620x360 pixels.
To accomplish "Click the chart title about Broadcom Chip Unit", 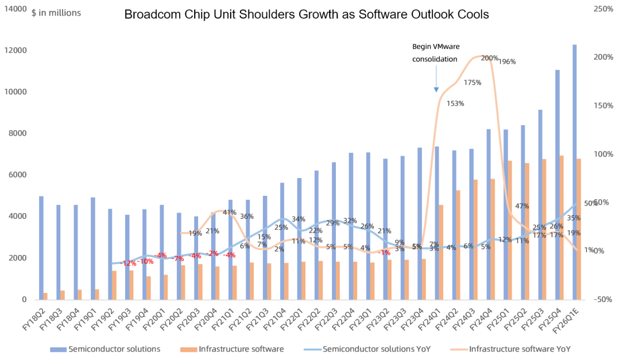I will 307,15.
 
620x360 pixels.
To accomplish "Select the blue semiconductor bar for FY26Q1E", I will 575,172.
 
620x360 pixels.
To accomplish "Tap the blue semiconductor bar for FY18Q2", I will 41,247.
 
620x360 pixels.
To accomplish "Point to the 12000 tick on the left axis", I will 16,51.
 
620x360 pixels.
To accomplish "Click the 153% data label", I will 455,104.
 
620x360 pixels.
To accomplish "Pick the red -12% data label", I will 128,264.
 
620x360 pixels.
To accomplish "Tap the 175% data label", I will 472,83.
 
